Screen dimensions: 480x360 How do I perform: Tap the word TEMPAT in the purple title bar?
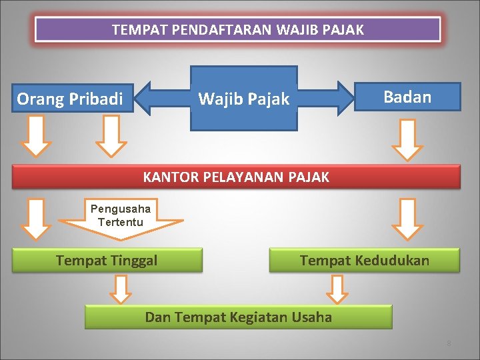tap(133, 30)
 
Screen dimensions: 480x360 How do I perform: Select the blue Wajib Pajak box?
tap(243, 99)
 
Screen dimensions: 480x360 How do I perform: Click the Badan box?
tap(407, 97)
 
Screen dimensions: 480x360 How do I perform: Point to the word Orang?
tap(41, 99)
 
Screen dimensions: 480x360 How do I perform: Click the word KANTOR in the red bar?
tap(169, 177)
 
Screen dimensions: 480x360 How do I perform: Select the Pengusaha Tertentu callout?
tap(121, 216)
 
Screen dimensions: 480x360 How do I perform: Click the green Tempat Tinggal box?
tap(107, 260)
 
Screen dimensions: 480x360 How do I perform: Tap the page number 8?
tap(449, 343)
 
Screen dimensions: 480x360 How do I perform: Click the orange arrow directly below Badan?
tap(407, 140)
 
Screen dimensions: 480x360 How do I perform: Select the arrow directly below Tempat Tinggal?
tap(121, 289)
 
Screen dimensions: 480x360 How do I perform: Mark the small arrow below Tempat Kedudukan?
tap(338, 289)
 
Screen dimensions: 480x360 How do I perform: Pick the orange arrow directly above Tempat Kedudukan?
tap(407, 219)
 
